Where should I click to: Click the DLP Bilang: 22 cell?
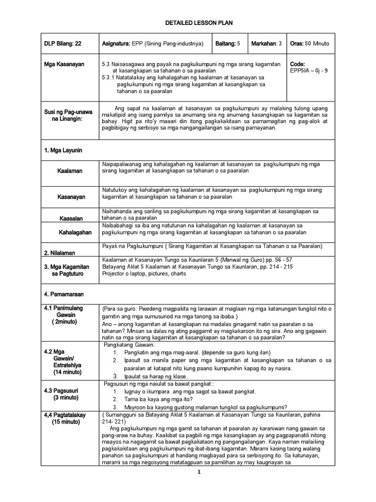pyautogui.click(x=62, y=44)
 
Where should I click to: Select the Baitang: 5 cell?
pyautogui.click(x=228, y=44)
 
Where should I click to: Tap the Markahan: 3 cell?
pyautogui.click(x=267, y=44)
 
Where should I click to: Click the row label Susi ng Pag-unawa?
pyautogui.click(x=64, y=112)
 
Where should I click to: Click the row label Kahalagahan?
pyautogui.click(x=75, y=232)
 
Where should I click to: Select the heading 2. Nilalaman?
pyautogui.click(x=61, y=253)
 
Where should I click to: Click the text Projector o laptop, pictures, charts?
pyautogui.click(x=143, y=274)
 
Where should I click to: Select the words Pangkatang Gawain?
pyautogui.click(x=129, y=346)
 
